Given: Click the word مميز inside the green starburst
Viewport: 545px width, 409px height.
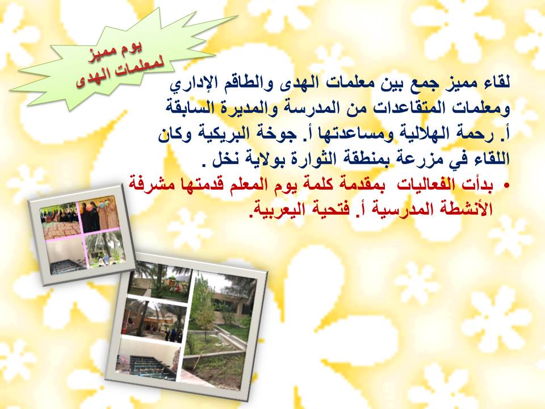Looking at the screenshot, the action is (99, 56).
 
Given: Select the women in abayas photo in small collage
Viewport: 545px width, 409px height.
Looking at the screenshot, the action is (99, 214).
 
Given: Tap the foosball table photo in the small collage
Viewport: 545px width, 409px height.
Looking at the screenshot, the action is (66, 257).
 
